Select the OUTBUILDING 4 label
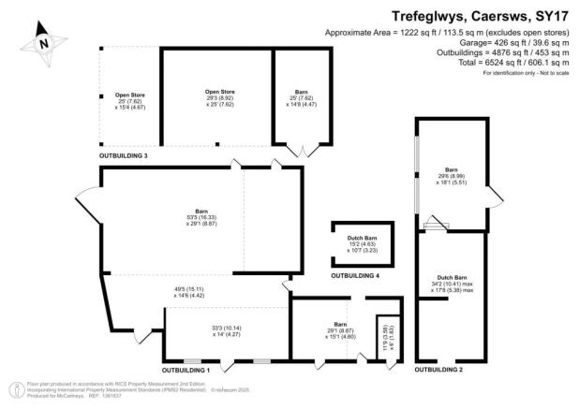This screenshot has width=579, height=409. [355, 276]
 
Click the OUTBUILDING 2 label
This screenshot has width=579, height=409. [440, 371]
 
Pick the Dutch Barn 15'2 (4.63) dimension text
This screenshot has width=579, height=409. [361, 246]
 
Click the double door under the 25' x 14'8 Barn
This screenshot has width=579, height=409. [301, 150]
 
